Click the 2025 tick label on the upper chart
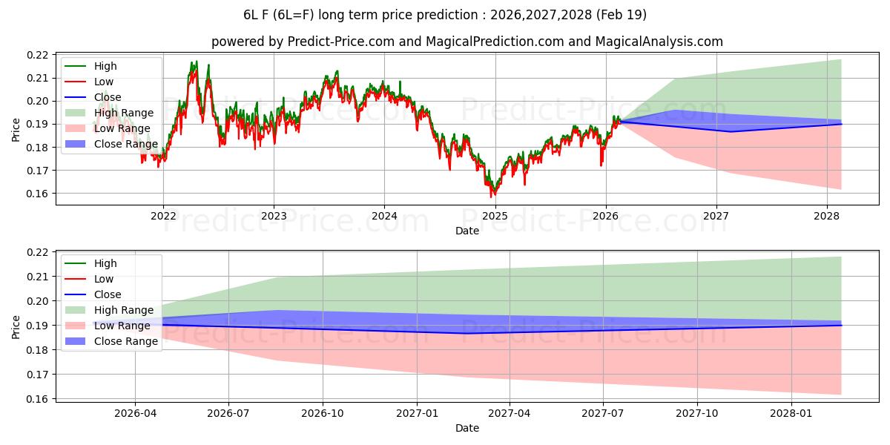(495, 216)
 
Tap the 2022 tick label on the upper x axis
(163, 216)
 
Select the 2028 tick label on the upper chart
(827, 216)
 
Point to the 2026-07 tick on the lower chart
(228, 413)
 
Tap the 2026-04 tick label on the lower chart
(135, 413)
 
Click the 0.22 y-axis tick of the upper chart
(39, 55)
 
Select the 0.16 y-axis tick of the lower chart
(39, 399)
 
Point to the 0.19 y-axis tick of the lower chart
(39, 326)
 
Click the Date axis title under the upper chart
(467, 231)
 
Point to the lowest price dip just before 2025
(491, 196)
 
